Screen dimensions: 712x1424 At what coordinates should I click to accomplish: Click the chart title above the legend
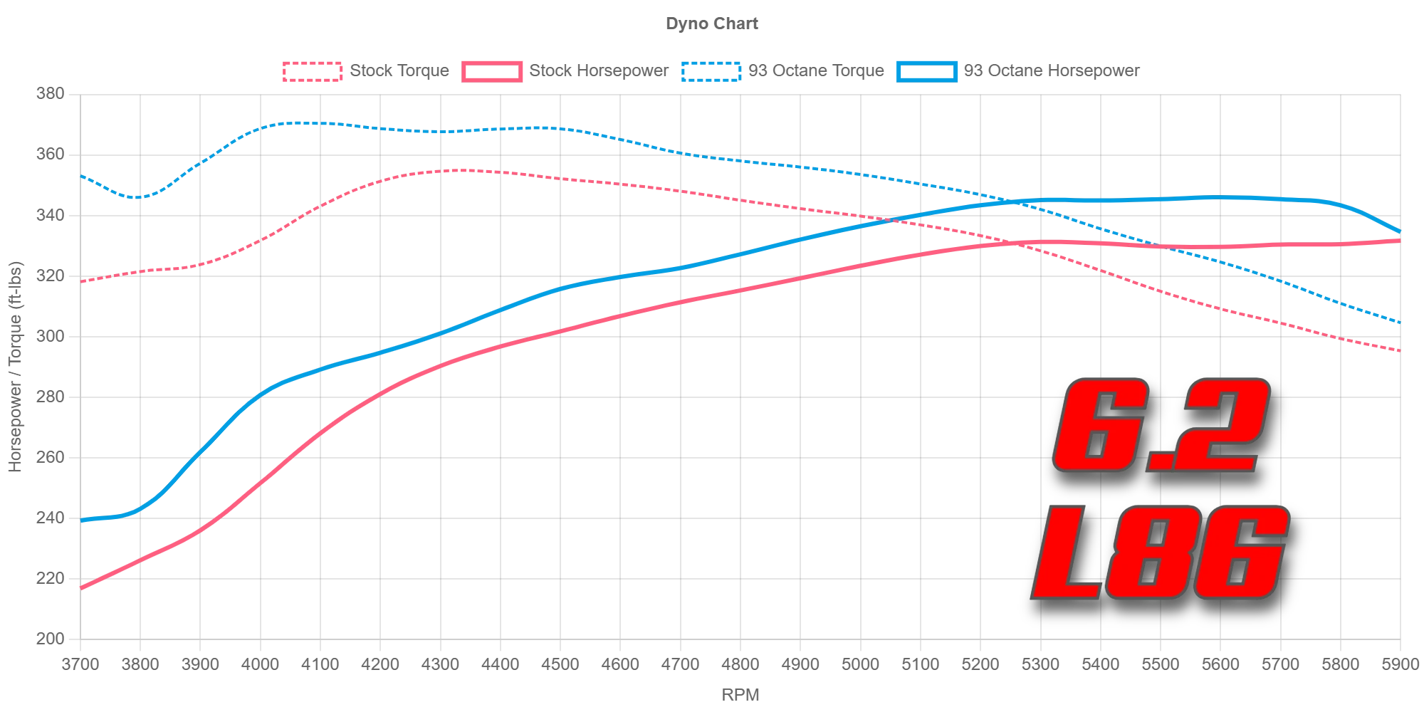(714, 26)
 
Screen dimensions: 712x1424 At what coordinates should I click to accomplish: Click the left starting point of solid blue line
(83, 520)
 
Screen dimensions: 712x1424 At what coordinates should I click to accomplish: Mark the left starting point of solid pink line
(83, 588)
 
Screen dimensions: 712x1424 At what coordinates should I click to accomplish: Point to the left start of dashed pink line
(83, 282)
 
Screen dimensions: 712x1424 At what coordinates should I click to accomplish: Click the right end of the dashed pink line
(1400, 350)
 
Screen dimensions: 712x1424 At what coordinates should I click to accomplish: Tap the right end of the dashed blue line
(1400, 323)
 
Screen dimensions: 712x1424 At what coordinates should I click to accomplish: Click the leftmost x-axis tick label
(78, 664)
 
